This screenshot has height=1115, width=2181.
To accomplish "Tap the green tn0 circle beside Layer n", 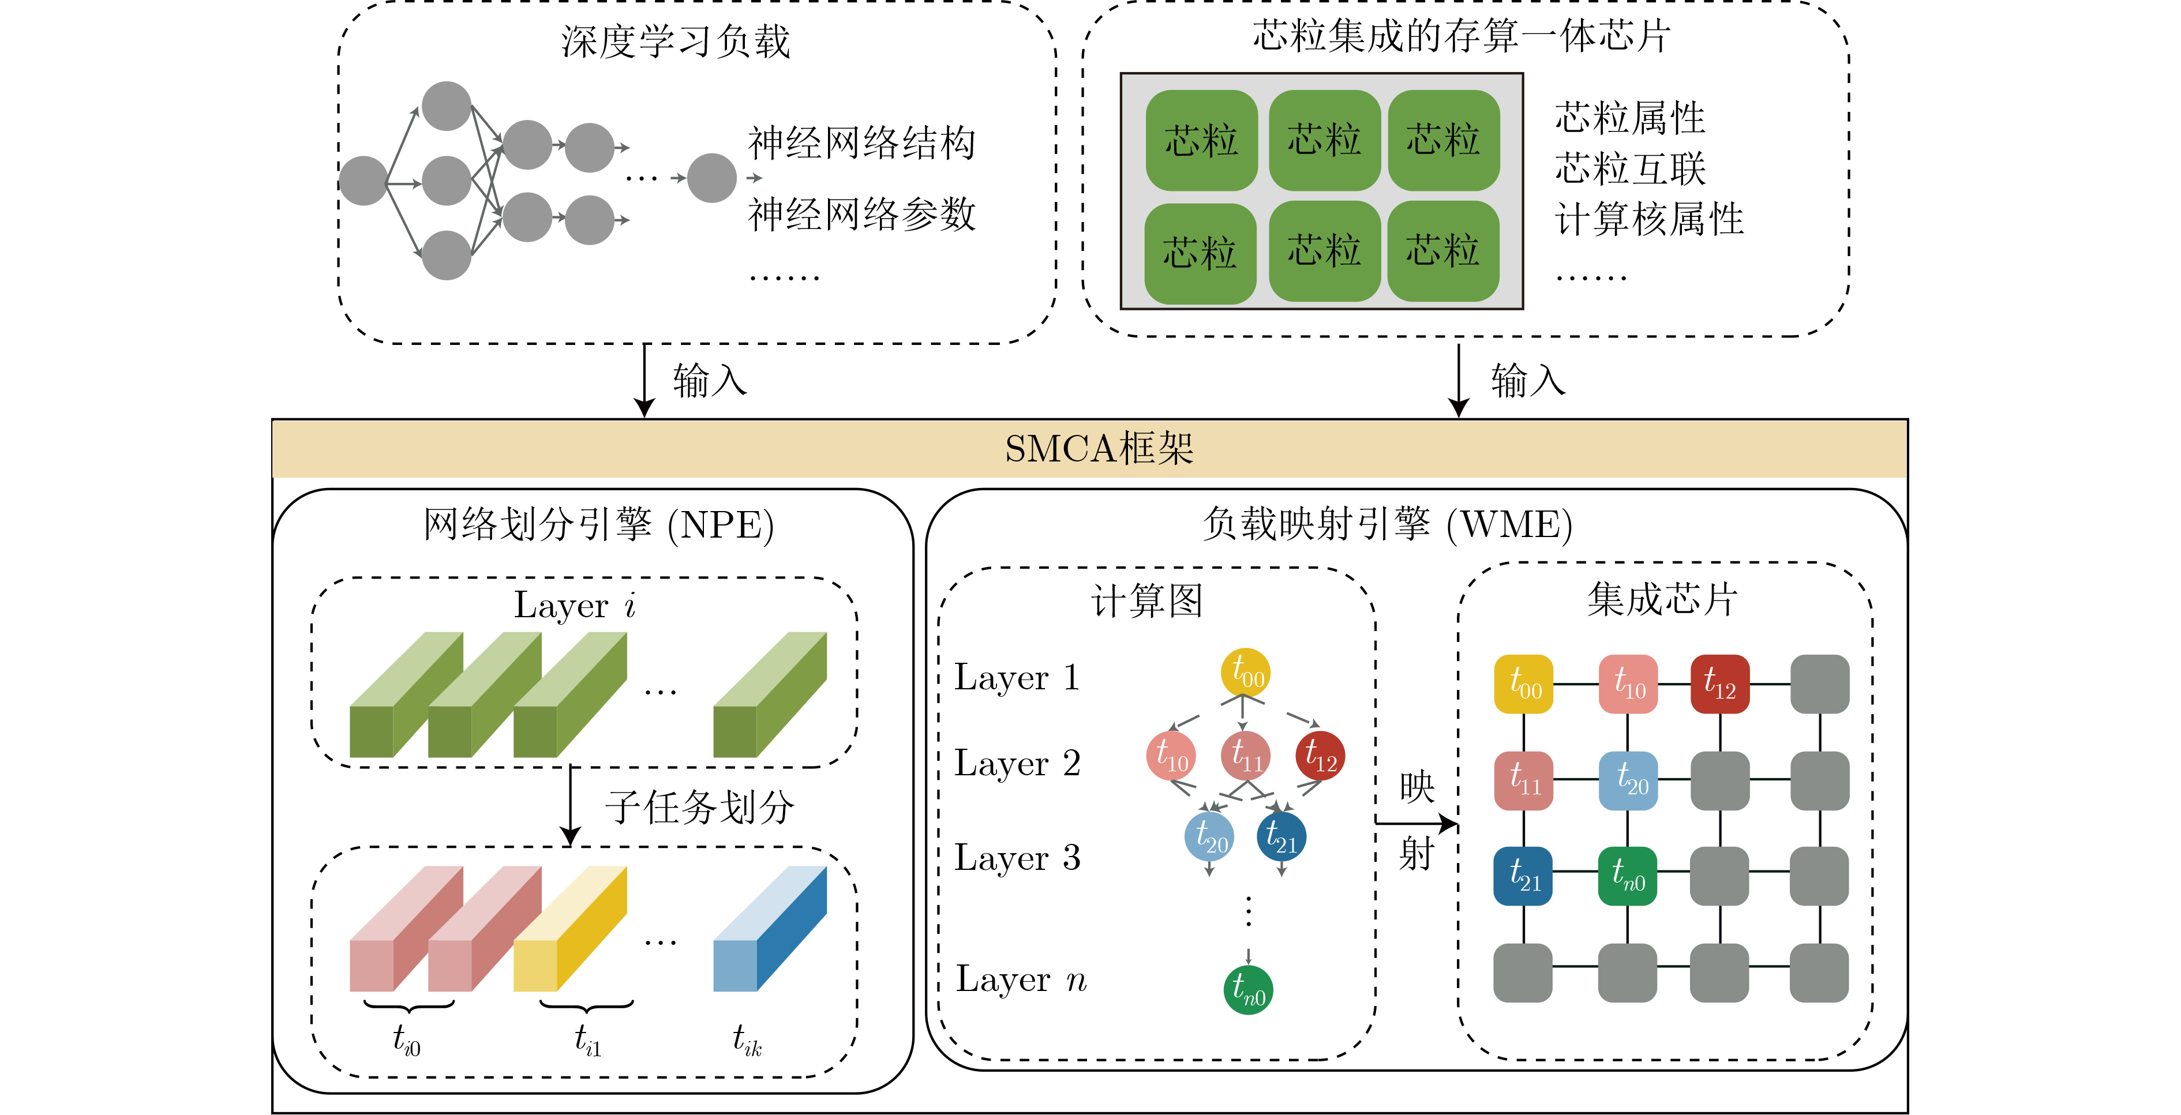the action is click(x=1248, y=990).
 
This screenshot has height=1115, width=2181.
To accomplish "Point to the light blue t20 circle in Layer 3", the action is click(x=1209, y=836).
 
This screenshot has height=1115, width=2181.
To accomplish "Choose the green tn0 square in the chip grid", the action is click(x=1627, y=876).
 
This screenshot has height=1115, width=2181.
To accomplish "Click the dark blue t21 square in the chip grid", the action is click(x=1523, y=876).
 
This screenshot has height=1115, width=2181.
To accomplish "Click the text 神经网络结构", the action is click(x=862, y=143).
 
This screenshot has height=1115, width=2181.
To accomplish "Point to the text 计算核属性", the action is click(x=1649, y=219).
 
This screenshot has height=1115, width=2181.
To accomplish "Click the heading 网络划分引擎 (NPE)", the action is click(x=598, y=525).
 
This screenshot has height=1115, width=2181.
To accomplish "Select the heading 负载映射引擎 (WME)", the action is click(x=1388, y=525).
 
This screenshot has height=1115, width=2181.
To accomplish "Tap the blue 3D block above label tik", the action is click(x=770, y=928).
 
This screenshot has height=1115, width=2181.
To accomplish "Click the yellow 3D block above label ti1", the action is click(x=570, y=928).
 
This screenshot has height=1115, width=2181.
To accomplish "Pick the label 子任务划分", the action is click(x=699, y=807).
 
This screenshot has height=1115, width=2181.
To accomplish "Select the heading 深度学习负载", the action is click(x=676, y=42).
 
